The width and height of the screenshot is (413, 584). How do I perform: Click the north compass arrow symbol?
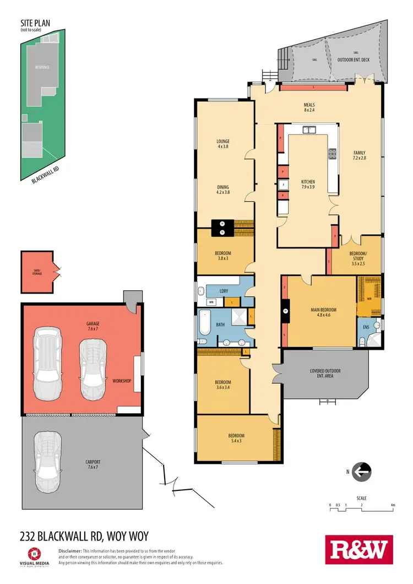coord(362,471)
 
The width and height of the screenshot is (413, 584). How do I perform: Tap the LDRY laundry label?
coord(224,290)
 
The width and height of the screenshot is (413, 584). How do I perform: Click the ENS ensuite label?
coord(366,327)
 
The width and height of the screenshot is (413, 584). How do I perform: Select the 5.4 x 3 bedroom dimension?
coord(236,441)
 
